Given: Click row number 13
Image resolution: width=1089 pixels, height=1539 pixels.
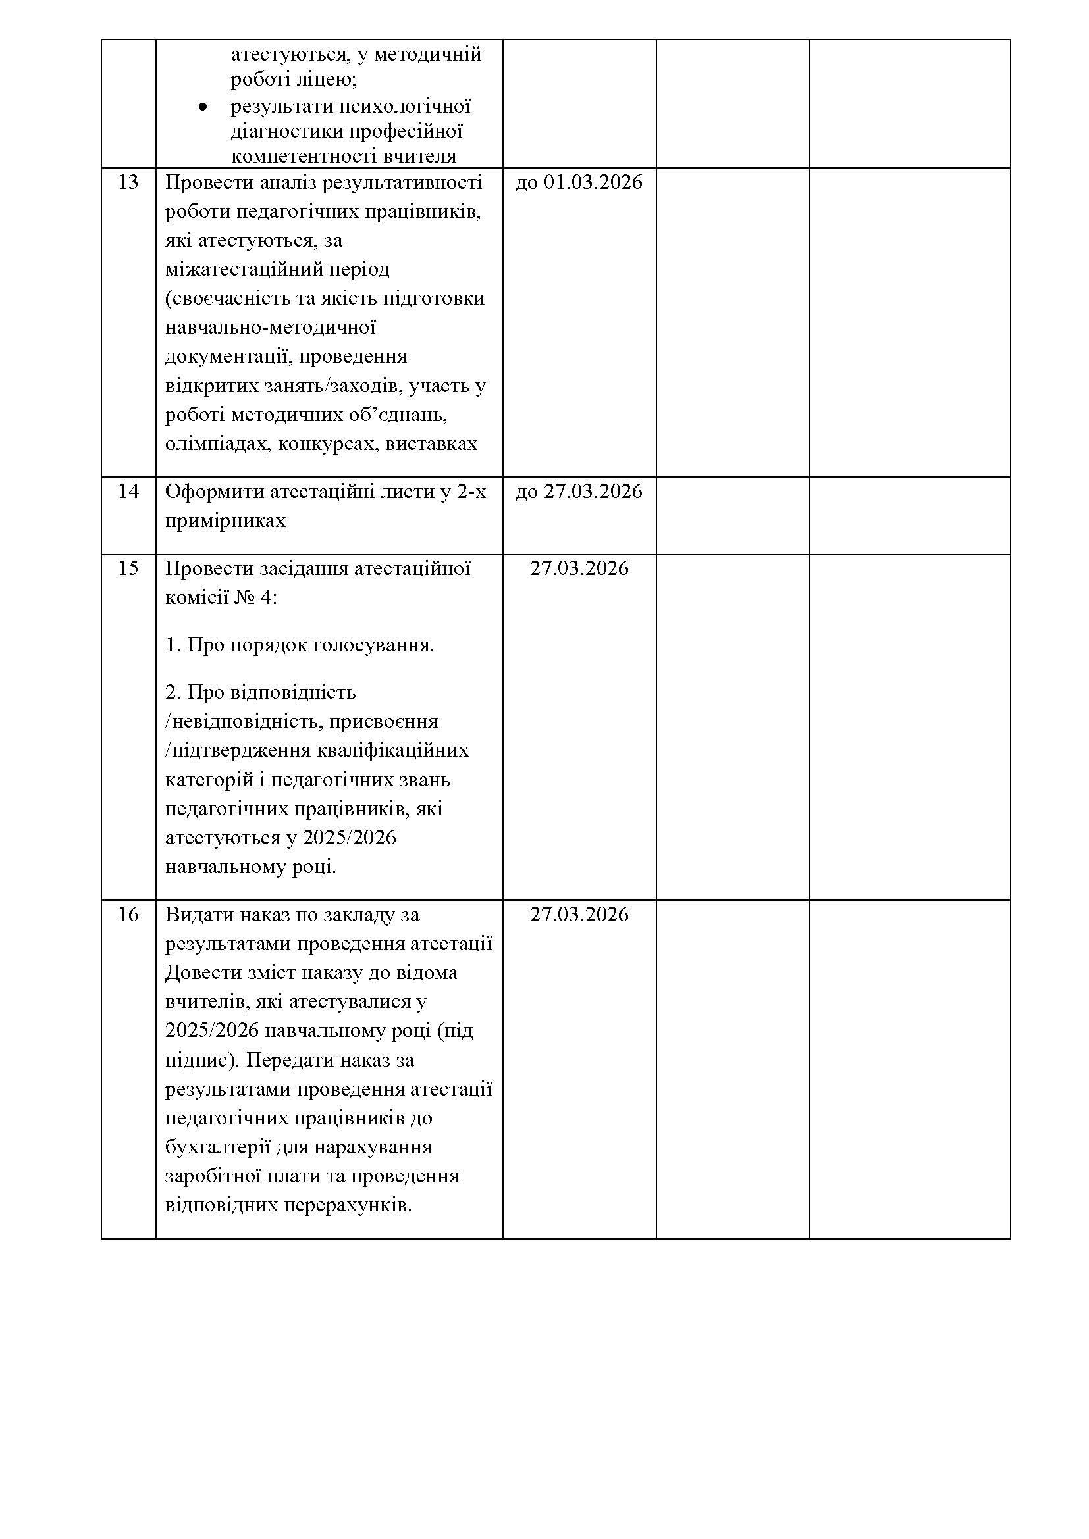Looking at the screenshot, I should (128, 182).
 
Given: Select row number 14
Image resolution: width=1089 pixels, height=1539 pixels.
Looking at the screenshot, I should (128, 492).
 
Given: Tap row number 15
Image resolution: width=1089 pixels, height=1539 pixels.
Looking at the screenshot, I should (128, 568).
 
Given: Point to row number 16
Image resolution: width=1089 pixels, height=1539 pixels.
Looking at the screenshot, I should (128, 915).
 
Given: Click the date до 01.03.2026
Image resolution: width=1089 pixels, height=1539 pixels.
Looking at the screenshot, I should (579, 182).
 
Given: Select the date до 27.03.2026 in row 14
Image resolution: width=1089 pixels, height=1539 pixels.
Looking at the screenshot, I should (579, 492).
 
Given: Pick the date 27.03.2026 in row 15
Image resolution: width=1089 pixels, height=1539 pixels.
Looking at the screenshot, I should (579, 568).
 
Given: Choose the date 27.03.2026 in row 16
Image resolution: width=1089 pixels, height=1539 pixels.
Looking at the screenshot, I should (579, 915).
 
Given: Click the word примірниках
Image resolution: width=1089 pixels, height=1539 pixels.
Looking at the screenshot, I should (225, 521).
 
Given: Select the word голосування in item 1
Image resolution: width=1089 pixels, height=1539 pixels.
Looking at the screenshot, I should (375, 645).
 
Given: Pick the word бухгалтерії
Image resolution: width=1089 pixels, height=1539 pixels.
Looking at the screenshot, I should (217, 1147).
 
